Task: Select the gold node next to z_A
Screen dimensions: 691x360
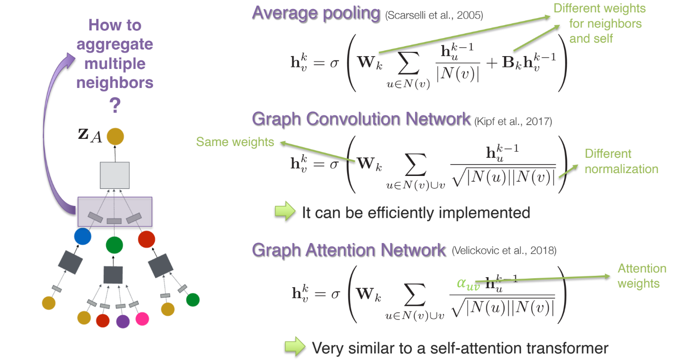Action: [x=115, y=137]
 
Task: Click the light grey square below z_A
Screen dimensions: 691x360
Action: [x=115, y=175]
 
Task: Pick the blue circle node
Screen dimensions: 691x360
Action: [x=82, y=236]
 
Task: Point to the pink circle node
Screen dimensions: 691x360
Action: [x=142, y=319]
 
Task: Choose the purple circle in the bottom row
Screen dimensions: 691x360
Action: [x=123, y=321]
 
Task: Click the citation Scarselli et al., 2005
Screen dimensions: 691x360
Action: [x=434, y=16]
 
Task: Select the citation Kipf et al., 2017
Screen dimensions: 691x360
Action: [x=513, y=122]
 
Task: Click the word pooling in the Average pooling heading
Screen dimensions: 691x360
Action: [x=350, y=13]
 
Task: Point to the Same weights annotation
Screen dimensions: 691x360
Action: [x=235, y=142]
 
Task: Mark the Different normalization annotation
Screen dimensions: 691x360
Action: [x=621, y=161]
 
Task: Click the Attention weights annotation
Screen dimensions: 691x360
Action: [x=642, y=276]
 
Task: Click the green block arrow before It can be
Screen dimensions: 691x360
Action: [x=285, y=212]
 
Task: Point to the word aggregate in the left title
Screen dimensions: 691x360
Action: [x=115, y=44]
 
